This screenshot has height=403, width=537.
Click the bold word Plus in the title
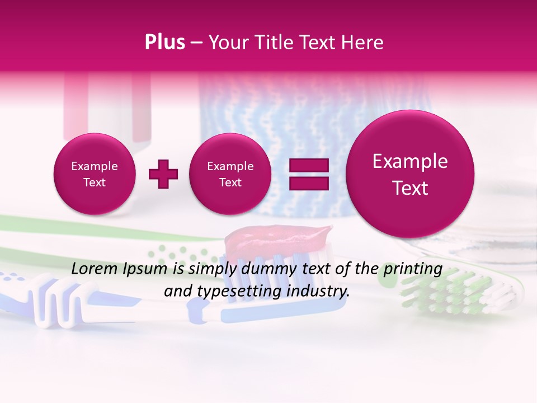click(164, 43)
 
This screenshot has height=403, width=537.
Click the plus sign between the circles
click(163, 174)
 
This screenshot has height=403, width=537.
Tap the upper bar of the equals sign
click(308, 165)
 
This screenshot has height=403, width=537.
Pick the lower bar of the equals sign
click(308, 183)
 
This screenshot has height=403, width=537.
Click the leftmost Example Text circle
click(94, 174)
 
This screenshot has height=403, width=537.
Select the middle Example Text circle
click(230, 174)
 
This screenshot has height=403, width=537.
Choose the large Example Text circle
click(410, 174)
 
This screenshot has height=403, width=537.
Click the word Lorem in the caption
click(96, 269)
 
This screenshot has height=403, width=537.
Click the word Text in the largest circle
click(410, 188)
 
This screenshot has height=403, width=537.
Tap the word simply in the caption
click(213, 269)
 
